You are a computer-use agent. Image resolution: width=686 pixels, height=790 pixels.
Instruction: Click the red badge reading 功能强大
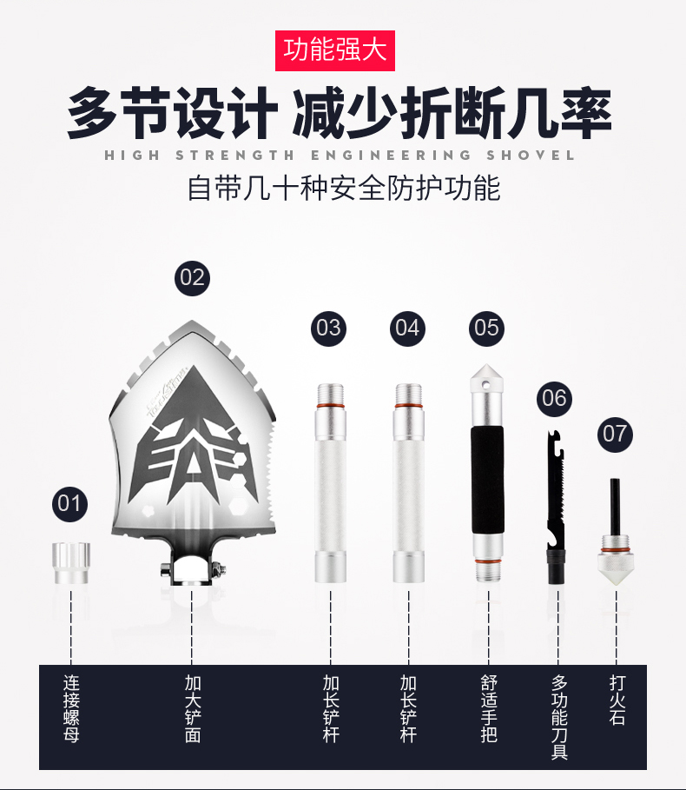[334, 50]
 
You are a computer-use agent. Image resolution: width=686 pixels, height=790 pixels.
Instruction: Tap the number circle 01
[69, 504]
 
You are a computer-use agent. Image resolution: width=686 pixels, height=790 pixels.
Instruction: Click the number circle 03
[328, 329]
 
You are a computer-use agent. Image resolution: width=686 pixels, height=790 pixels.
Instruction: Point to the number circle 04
[407, 329]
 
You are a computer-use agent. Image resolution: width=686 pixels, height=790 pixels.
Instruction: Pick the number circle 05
[486, 329]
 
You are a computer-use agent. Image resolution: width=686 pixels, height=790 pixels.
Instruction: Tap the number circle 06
[554, 399]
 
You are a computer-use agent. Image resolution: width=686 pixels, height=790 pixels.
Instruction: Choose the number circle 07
[615, 435]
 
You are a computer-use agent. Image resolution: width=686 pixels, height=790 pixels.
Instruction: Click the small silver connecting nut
[71, 563]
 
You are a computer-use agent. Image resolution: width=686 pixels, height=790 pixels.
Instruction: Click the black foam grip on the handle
[488, 480]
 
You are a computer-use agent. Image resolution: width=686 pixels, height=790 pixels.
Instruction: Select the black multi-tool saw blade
[556, 507]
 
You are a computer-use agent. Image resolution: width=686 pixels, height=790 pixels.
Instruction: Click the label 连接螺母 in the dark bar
[71, 709]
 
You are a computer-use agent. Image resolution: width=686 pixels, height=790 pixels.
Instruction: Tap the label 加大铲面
[192, 709]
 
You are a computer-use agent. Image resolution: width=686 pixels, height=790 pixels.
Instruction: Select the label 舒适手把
[489, 709]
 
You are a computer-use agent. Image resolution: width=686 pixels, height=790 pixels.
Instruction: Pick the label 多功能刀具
[558, 717]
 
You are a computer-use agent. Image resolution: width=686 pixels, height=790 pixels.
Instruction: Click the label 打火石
[617, 700]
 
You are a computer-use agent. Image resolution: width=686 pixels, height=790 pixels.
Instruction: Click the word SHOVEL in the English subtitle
[531, 156]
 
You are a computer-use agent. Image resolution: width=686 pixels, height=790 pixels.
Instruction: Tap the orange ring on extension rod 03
[331, 406]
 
